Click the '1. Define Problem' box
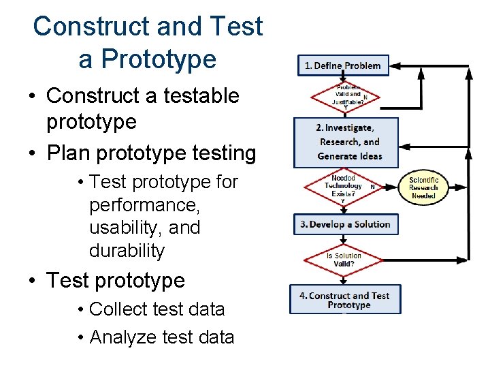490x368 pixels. click(343, 65)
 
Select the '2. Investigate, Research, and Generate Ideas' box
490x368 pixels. click(346, 142)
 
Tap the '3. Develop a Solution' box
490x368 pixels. click(346, 224)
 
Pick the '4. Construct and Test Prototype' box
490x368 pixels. click(345, 300)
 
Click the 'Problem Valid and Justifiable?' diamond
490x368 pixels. click(344, 97)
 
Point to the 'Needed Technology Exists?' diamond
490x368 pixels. click(344, 185)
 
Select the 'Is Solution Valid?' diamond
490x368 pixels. click(344, 260)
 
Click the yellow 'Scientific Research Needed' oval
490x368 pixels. click(423, 188)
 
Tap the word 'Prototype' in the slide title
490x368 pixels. click(147, 59)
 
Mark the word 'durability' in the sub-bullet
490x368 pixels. click(127, 250)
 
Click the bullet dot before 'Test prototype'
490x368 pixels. click(33, 281)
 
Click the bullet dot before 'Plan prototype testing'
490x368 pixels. click(33, 154)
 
